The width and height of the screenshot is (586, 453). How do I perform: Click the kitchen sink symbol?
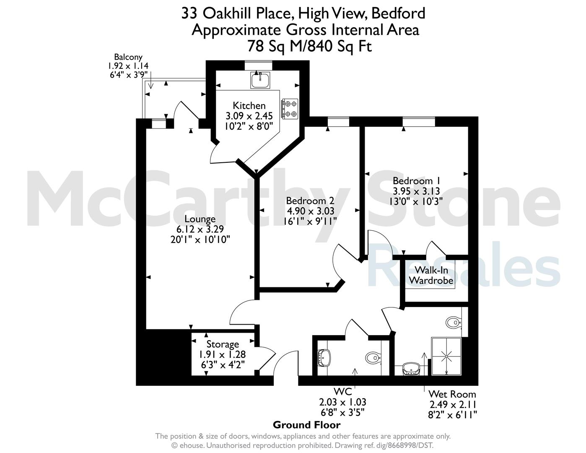click(x=260, y=80)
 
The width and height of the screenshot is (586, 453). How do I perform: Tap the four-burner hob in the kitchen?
click(x=290, y=109)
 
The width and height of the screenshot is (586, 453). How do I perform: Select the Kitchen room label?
click(x=249, y=106)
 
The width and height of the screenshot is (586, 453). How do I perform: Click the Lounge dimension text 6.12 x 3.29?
click(x=200, y=229)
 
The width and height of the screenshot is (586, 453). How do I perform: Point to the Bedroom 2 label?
click(x=310, y=201)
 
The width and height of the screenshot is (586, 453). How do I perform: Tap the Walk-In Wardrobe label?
click(x=431, y=275)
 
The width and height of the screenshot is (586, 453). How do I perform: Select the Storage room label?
click(x=223, y=344)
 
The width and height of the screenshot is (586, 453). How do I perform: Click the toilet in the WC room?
click(x=373, y=358)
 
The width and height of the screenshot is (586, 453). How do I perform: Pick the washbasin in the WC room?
click(x=324, y=358)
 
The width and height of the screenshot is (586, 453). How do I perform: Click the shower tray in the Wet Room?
click(x=446, y=356)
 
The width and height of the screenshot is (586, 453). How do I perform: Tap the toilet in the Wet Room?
click(x=454, y=322)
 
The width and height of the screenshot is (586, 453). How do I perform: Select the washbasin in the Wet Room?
click(x=411, y=369)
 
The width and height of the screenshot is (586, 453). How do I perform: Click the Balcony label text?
click(x=128, y=57)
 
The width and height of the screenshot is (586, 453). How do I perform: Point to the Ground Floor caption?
click(x=306, y=425)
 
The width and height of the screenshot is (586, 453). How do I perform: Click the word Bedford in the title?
click(x=398, y=13)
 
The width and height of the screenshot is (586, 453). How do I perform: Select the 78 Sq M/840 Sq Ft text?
click(x=310, y=46)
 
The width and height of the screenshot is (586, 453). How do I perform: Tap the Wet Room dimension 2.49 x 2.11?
click(x=453, y=404)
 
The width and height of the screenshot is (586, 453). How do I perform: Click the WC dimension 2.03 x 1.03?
click(x=342, y=402)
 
